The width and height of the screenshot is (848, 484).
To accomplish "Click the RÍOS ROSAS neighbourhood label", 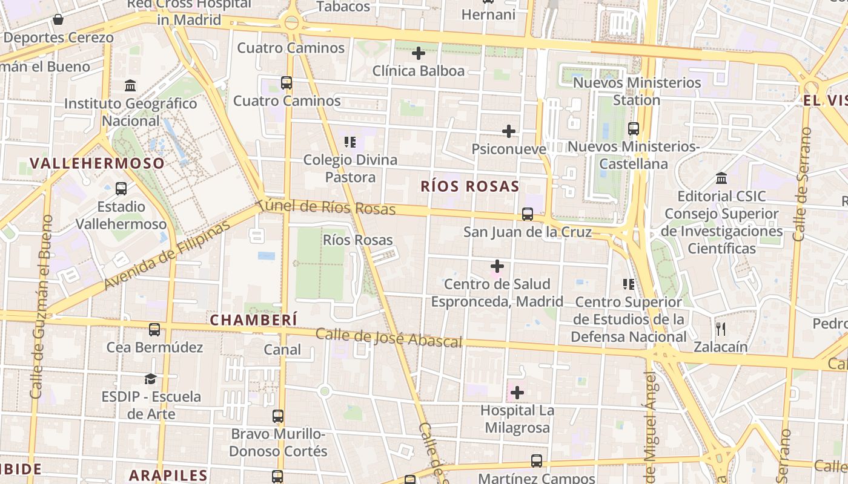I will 470,186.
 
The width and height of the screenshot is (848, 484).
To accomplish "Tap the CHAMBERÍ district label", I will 254,320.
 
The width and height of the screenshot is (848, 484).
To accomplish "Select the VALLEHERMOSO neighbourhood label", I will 97,163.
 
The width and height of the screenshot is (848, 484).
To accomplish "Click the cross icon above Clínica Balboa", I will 418,53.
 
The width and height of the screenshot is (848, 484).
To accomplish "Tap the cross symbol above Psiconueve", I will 509,131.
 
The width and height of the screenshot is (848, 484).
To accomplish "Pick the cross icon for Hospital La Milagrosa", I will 517,393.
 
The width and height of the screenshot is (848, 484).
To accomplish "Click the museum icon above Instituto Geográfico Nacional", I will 130,86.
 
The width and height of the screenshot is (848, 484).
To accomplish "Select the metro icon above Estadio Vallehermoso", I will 121,189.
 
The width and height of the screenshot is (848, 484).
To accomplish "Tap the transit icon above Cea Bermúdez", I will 154,330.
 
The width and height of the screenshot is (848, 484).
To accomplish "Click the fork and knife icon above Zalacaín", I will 720,329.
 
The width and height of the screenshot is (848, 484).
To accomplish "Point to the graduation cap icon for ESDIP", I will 150,379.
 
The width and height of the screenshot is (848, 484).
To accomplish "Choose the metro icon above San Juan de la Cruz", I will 527,214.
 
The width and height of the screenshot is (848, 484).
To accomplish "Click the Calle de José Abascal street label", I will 388,338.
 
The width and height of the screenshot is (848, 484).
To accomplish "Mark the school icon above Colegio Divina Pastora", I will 349,142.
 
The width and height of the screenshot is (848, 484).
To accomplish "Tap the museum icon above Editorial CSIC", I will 721,178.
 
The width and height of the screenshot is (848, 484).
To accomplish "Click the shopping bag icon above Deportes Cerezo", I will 58,20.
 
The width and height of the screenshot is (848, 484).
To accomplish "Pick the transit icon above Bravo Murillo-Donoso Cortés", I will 278,416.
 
